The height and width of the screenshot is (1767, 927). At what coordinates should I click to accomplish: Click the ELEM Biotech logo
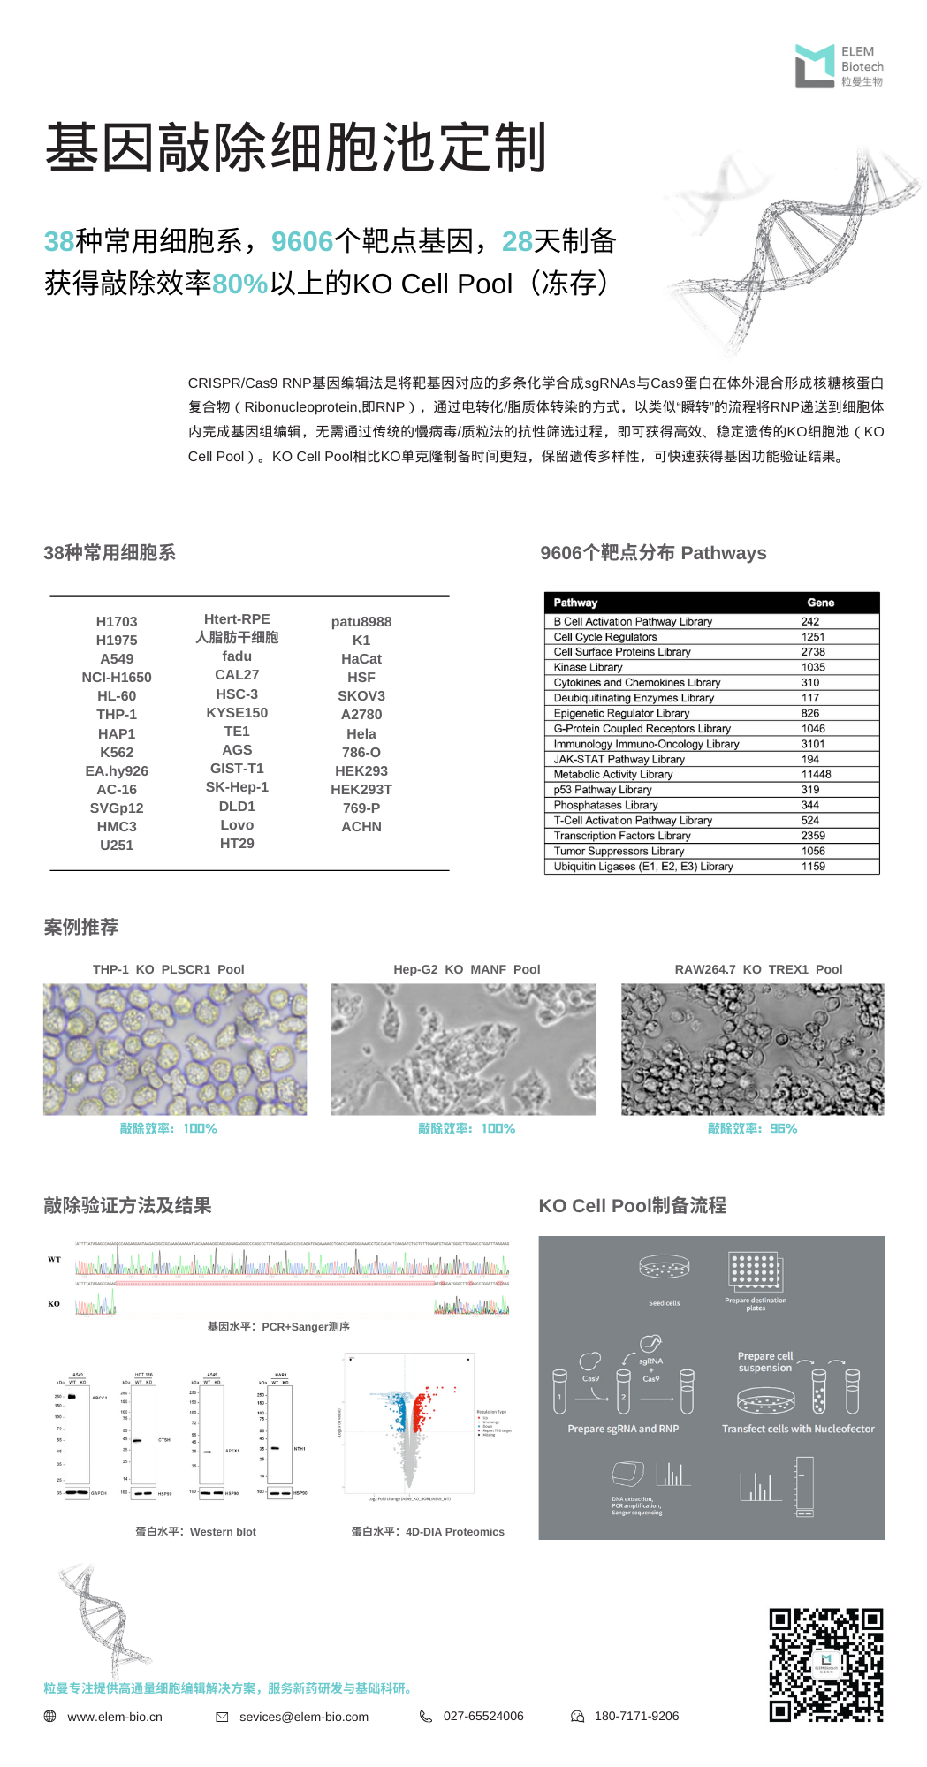[838, 66]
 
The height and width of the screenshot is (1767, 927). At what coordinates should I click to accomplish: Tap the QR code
[825, 1665]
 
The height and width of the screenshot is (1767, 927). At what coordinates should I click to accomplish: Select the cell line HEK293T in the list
[361, 790]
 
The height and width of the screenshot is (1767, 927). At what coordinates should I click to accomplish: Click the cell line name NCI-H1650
[117, 678]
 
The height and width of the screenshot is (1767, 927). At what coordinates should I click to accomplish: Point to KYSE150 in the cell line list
[237, 713]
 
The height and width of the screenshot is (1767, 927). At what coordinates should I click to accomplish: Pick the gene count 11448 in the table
[816, 775]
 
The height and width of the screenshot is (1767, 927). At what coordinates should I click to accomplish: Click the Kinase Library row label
[588, 667]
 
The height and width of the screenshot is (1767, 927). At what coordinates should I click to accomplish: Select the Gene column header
[820, 603]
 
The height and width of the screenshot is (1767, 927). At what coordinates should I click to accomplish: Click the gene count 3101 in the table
[813, 744]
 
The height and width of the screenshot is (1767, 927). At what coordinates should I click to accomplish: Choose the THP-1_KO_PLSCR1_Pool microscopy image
[175, 1050]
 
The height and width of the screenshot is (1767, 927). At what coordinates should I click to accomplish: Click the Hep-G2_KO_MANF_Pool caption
[467, 969]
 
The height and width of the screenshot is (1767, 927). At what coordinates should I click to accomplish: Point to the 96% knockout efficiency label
[752, 1129]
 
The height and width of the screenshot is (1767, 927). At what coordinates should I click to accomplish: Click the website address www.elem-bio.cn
[115, 1717]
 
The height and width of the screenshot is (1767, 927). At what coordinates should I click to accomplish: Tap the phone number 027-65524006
[483, 1716]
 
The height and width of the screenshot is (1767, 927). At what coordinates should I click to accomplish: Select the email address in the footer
[303, 1717]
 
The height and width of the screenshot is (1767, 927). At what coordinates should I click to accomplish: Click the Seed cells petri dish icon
[664, 1268]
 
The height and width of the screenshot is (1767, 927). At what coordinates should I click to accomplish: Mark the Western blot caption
[195, 1532]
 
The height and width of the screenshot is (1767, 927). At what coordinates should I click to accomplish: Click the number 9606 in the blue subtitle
[302, 241]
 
